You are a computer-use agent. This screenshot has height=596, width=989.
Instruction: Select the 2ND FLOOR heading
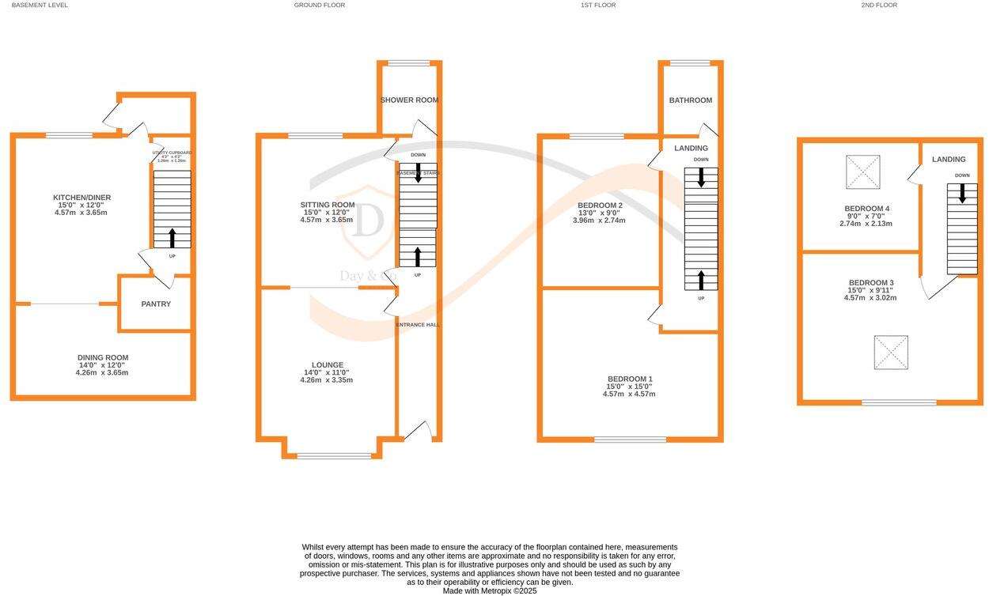coord(879,5)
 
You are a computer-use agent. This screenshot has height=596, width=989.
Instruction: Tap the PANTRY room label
coord(156,304)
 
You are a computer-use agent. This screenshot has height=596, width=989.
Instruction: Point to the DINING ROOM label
coord(103,357)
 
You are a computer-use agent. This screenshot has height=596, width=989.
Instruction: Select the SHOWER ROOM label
coord(409,100)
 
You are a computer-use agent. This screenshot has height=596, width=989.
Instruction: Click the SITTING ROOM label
coord(328,205)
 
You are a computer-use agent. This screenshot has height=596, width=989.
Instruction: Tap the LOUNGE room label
coord(328,364)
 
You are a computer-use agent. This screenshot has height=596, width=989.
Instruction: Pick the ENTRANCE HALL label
coord(418,324)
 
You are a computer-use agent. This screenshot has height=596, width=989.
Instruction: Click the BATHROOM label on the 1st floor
coord(690,100)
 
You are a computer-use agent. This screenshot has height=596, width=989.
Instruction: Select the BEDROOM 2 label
coord(599,206)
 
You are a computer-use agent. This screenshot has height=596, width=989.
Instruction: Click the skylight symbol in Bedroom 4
coord(862,172)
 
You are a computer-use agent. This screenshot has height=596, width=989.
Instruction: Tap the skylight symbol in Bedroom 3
coord(891,353)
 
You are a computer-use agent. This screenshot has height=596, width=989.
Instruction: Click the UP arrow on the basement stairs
coord(172,238)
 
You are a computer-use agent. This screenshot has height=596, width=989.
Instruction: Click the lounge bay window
coord(333,455)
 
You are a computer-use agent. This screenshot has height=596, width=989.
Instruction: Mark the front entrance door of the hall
coord(418,431)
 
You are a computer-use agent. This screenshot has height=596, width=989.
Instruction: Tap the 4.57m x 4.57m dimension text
coord(629,394)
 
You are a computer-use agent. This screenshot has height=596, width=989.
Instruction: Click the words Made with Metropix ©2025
coord(489,590)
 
